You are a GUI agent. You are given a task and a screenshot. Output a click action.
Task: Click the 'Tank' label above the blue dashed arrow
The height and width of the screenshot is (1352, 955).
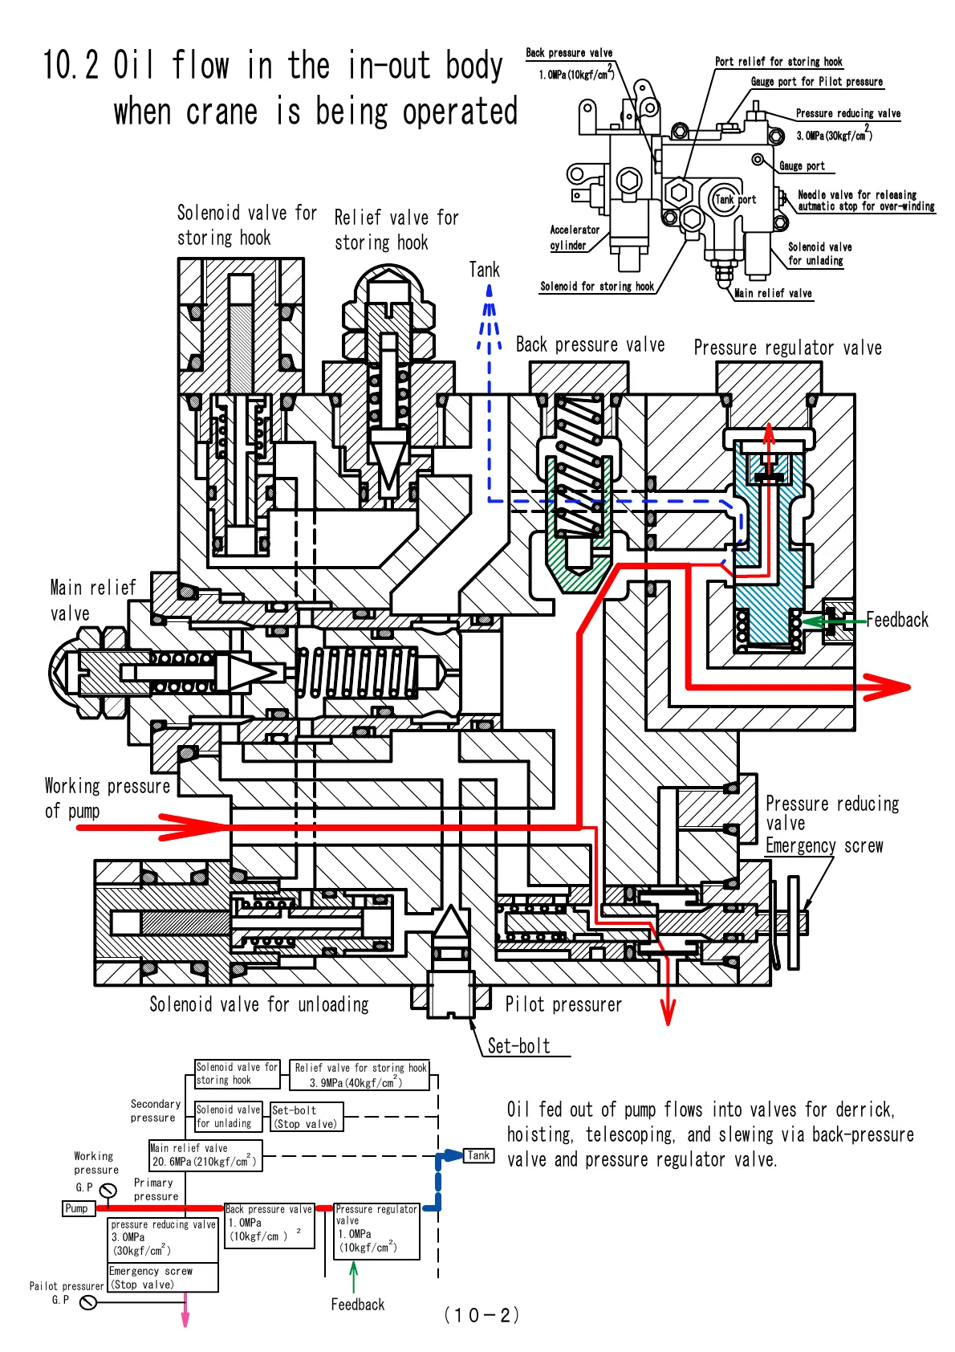pos(484,270)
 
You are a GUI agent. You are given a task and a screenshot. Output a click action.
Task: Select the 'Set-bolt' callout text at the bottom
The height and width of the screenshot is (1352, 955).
pos(519,1046)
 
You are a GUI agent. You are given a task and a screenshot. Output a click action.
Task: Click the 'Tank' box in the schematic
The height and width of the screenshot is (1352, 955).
pos(478,1156)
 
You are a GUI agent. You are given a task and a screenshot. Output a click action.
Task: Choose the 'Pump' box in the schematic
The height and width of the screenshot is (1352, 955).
pos(76,1208)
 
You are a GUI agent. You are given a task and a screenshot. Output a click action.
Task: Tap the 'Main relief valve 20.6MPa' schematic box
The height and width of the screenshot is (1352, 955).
pos(205,1155)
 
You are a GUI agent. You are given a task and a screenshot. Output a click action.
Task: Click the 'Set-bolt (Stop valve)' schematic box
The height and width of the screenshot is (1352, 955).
pos(307,1117)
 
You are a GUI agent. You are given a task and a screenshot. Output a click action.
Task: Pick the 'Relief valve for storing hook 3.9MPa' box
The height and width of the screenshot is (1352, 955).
pos(360,1075)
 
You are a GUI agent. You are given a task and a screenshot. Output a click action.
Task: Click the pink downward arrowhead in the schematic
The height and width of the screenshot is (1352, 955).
pos(185,1318)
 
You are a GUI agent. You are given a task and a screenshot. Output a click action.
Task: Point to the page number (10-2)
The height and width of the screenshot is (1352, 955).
pos(482,1315)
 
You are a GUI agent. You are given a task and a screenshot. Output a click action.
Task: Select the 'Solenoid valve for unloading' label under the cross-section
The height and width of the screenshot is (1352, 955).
pos(258,1004)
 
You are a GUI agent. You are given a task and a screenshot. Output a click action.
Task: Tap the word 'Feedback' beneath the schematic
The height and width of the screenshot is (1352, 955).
pos(357,1305)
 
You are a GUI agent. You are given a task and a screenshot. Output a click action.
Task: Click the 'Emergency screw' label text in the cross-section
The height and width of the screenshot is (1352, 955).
pos(824,846)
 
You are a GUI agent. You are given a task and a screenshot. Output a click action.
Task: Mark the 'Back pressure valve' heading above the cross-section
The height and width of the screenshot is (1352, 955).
pos(590,345)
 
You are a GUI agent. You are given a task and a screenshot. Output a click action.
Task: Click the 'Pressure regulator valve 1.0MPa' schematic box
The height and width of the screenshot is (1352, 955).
pos(376,1230)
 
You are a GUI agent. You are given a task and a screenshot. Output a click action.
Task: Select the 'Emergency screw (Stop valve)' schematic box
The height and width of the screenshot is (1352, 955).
pos(163,1277)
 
